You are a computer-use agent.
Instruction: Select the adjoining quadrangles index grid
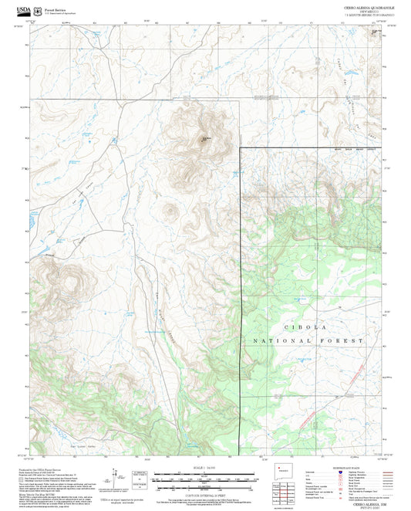[288, 491]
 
